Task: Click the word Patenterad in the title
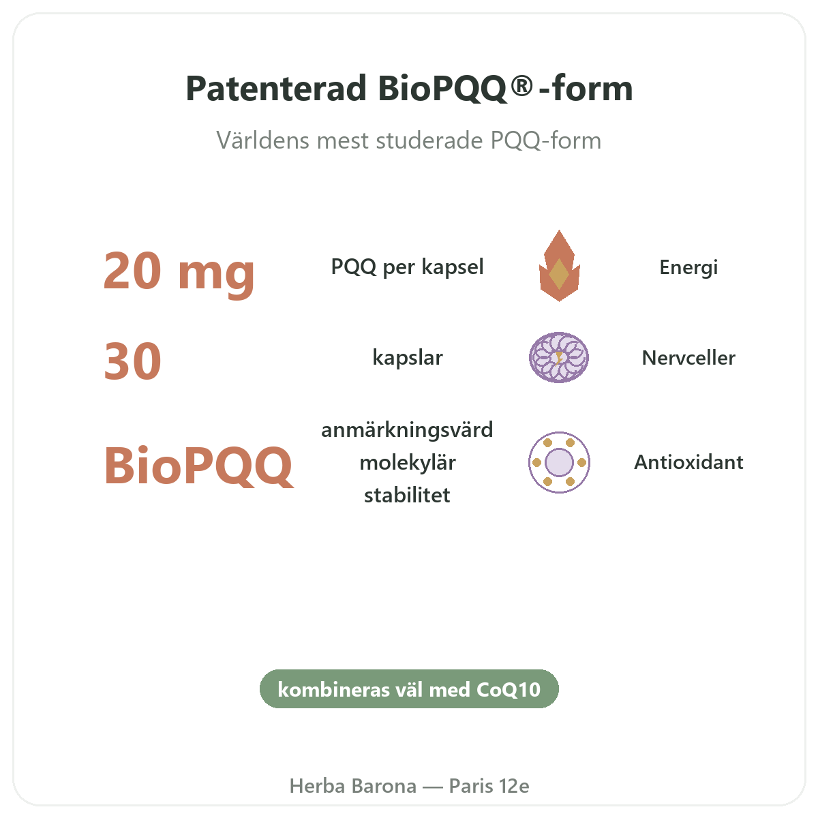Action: point(276,89)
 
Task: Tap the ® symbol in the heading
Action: point(521,85)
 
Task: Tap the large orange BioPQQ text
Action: point(198,466)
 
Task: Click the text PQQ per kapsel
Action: point(407,267)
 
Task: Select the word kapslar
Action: point(408,357)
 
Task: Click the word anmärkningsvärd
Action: point(407,430)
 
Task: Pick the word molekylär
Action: point(408,463)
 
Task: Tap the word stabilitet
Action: point(407,495)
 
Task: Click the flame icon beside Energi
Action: point(559,266)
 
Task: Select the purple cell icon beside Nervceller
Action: point(559,357)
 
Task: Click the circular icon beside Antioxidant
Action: point(559,462)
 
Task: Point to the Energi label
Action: point(688,267)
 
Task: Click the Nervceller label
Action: point(688,358)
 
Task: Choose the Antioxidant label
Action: point(688,462)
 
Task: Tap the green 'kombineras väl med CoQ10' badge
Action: point(409,689)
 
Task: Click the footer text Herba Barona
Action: point(352,786)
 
